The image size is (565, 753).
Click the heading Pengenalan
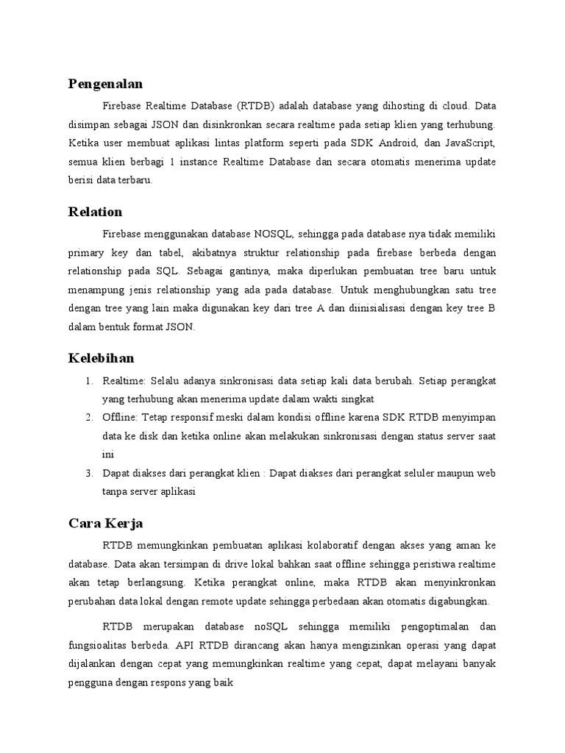(105, 84)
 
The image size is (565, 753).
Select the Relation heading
(96, 212)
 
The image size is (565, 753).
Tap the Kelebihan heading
(102, 358)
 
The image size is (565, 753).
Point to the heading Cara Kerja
(106, 524)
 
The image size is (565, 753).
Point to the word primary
(86, 253)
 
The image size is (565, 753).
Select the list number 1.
(88, 380)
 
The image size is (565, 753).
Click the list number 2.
(88, 418)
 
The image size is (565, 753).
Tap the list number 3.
(88, 474)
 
